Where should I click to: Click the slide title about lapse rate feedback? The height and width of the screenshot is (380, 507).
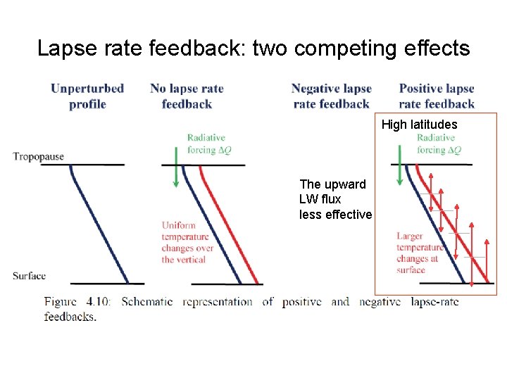pyautogui.click(x=253, y=48)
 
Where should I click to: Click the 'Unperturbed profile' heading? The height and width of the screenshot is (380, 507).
pyautogui.click(x=87, y=96)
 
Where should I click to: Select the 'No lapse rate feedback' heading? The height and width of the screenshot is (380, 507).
pyautogui.click(x=187, y=96)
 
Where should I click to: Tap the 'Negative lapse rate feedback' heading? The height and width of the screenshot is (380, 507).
pyautogui.click(x=331, y=96)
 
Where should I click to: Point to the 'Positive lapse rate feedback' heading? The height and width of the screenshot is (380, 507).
pyautogui.click(x=437, y=96)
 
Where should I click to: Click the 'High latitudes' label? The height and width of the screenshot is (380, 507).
pyautogui.click(x=419, y=125)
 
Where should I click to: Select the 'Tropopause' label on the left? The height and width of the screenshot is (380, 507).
pyautogui.click(x=38, y=156)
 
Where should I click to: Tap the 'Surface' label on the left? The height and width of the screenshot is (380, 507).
pyautogui.click(x=29, y=276)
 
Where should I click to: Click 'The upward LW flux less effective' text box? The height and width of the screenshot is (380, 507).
pyautogui.click(x=334, y=199)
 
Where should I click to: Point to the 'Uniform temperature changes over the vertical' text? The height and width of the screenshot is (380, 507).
pyautogui.click(x=187, y=242)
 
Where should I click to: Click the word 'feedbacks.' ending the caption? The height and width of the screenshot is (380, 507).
pyautogui.click(x=70, y=317)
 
